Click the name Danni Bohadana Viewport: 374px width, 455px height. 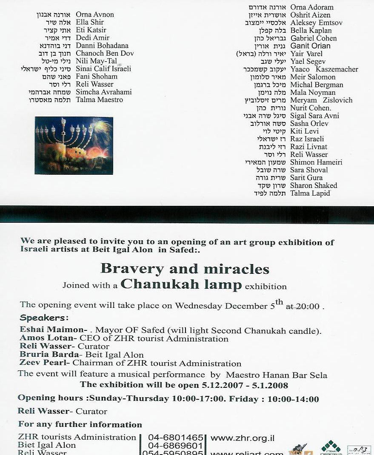pyautogui.click(x=102, y=45)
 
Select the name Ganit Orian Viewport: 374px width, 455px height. pyautogui.click(x=310, y=46)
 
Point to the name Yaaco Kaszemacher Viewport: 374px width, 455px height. pyautogui.click(x=324, y=69)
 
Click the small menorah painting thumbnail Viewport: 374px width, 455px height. pyautogui.click(x=74, y=145)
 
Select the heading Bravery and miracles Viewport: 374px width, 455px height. pyautogui.click(x=185, y=269)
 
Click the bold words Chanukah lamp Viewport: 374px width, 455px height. pyautogui.click(x=181, y=284)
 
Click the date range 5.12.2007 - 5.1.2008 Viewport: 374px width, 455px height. pyautogui.click(x=245, y=386)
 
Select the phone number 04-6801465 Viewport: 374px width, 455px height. pyautogui.click(x=175, y=438)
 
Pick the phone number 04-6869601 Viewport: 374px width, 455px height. pyautogui.click(x=175, y=446)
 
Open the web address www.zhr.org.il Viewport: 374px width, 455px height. pyautogui.click(x=243, y=438)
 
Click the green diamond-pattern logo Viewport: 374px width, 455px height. pyautogui.click(x=331, y=446)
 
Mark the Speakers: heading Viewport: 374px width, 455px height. pyautogui.click(x=44, y=318)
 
